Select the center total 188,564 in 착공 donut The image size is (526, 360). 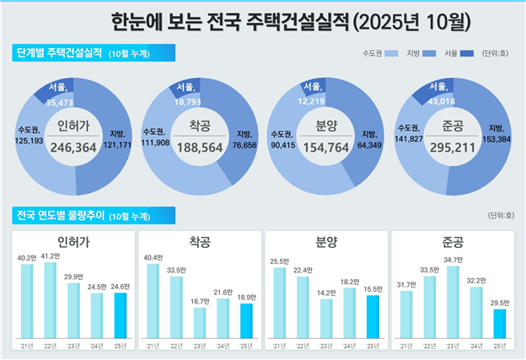pos(201,146)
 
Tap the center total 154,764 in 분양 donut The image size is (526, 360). pos(326,146)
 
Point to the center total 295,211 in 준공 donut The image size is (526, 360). pos(453,146)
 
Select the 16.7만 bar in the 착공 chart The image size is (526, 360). pos(199,321)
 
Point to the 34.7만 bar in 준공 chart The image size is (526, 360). pos(453,301)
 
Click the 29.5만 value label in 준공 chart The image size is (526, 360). pos(498,301)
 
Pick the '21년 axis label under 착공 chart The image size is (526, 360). pos(153,346)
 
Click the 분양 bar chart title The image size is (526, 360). pos(326,242)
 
